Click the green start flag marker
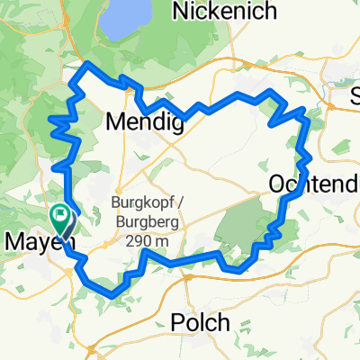pos(61,216)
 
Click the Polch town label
pos(199,323)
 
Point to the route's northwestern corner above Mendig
pos(86,66)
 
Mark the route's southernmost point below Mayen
pos(109,293)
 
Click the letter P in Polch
pos(177,323)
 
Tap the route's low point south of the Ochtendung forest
pos(238,268)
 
